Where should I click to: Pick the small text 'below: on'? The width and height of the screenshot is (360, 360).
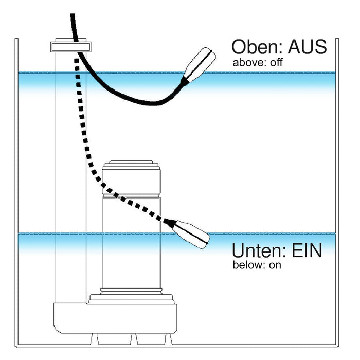257,266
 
